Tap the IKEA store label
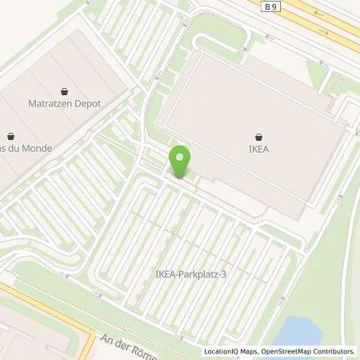point(259,148)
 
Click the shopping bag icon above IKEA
point(259,136)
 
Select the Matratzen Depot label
point(66,102)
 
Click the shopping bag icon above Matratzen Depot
point(66,90)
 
